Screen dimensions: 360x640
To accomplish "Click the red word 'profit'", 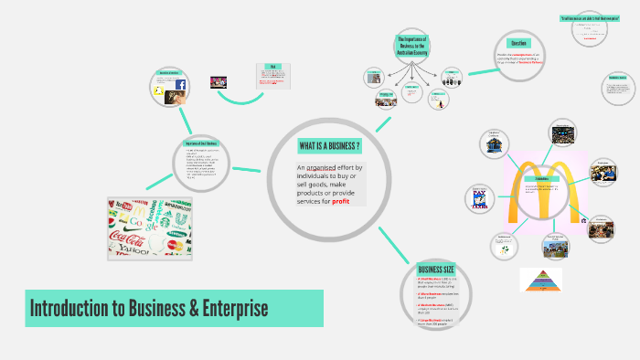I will [341, 201].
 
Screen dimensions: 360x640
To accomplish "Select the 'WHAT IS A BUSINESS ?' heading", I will [328, 147].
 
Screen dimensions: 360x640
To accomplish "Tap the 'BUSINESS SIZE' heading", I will [435, 270].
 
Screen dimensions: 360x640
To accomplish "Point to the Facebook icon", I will [180, 86].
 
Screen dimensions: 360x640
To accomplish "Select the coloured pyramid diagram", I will [540, 279].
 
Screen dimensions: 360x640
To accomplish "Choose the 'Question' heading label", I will [517, 43].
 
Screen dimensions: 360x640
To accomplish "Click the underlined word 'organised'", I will [325, 168].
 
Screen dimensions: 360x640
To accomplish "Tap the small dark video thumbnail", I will [219, 82].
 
